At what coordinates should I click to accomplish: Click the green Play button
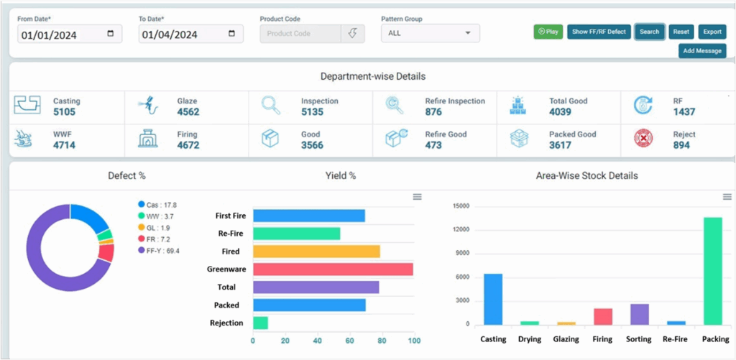click(x=548, y=32)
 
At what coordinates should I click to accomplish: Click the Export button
click(x=712, y=32)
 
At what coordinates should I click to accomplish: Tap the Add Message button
click(x=702, y=51)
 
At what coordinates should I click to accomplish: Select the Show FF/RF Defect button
click(x=599, y=32)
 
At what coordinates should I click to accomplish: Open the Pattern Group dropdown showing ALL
click(x=430, y=33)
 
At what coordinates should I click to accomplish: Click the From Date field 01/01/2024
click(x=70, y=34)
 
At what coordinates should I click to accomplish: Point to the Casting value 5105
click(x=65, y=112)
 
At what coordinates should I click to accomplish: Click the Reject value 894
click(x=681, y=145)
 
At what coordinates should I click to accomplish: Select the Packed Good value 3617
click(x=560, y=145)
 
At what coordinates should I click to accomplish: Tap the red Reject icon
click(x=643, y=139)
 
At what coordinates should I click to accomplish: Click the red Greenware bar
click(x=333, y=269)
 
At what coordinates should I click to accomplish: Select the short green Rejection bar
click(x=260, y=323)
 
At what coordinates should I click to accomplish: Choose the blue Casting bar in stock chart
click(x=492, y=300)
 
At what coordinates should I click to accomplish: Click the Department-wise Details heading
click(x=372, y=76)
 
